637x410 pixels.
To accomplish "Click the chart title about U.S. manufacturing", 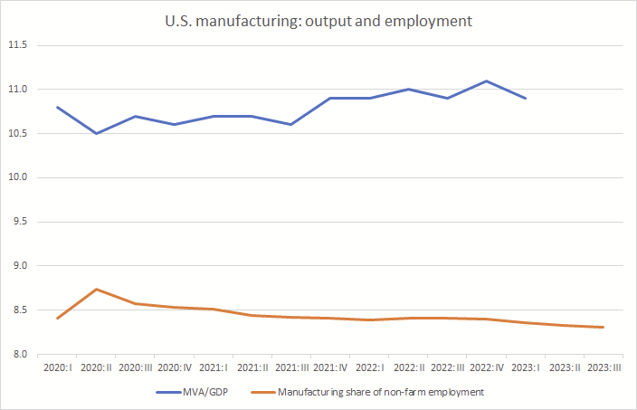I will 318,21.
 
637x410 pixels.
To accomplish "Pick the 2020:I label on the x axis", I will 58,368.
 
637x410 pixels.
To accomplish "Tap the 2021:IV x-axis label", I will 330,368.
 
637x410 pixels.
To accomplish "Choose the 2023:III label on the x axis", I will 603,368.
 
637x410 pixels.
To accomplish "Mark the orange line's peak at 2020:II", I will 97,289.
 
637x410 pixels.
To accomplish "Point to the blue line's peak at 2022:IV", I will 487,81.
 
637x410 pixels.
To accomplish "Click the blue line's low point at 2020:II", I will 97,133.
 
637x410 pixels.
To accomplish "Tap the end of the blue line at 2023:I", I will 526,98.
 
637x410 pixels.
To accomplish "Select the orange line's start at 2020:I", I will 58,318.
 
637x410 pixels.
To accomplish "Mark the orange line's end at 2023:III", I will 603,327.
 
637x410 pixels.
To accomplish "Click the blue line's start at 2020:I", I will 58,107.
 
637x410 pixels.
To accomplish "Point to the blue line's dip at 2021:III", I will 291,124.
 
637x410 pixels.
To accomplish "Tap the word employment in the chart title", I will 434,21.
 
